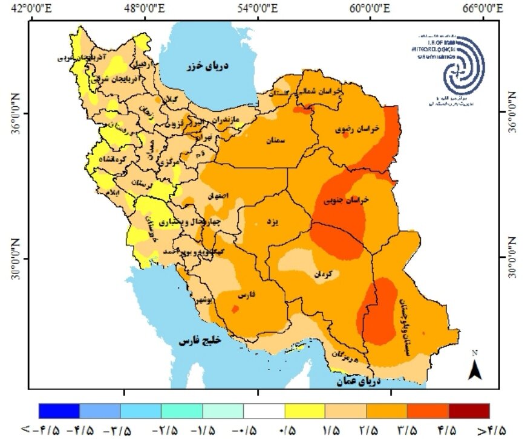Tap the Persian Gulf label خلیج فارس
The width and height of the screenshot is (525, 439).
click(x=201, y=341)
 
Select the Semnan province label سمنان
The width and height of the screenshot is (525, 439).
click(x=274, y=140)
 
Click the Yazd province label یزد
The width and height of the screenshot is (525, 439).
click(x=273, y=222)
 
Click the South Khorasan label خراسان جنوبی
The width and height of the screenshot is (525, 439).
click(x=347, y=200)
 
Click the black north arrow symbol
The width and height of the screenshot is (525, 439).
click(x=476, y=368)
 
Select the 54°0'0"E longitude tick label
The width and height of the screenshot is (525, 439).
click(x=258, y=8)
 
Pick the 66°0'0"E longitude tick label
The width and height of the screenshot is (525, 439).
click(x=484, y=8)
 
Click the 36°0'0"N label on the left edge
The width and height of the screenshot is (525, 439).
click(x=11, y=113)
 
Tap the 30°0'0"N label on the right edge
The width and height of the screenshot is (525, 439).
click(x=513, y=257)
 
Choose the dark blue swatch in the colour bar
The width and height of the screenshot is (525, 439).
click(x=59, y=411)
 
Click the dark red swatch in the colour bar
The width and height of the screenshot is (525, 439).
click(x=469, y=411)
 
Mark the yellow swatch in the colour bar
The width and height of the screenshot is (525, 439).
click(x=305, y=411)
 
